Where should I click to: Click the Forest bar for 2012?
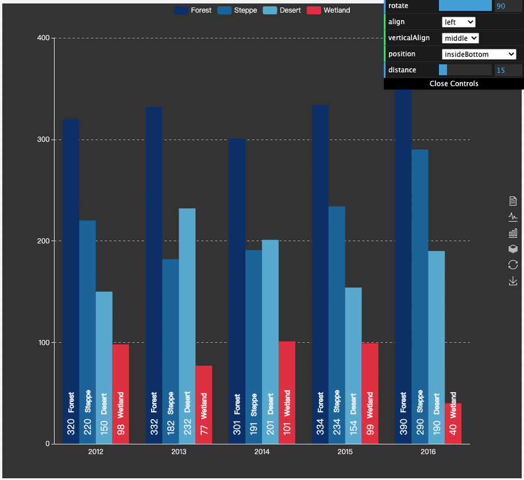(71, 281)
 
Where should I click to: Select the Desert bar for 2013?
(187, 326)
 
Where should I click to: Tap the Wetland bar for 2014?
(287, 393)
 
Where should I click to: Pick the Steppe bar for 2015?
(337, 325)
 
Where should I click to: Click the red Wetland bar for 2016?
(453, 424)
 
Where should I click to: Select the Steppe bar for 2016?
(420, 297)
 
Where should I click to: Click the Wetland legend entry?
(329, 10)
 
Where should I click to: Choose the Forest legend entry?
(193, 10)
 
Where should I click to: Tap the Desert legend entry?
(282, 10)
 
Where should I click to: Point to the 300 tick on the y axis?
(44, 140)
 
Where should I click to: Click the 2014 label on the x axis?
(261, 452)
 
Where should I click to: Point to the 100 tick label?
(44, 342)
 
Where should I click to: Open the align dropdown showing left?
(458, 22)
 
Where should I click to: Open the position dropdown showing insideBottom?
(479, 54)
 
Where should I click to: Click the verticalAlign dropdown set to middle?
(460, 38)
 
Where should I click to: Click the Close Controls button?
(454, 83)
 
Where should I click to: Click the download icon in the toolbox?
(513, 281)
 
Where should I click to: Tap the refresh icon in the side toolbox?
(513, 265)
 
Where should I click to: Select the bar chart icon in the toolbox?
(513, 233)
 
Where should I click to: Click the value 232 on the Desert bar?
(187, 427)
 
